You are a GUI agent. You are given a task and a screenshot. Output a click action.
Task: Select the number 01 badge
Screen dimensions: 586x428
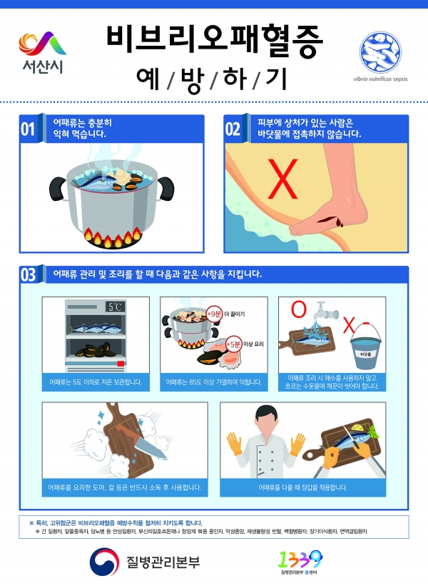coord(28,129)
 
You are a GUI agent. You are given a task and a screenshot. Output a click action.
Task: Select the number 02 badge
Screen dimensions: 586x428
coord(233,129)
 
